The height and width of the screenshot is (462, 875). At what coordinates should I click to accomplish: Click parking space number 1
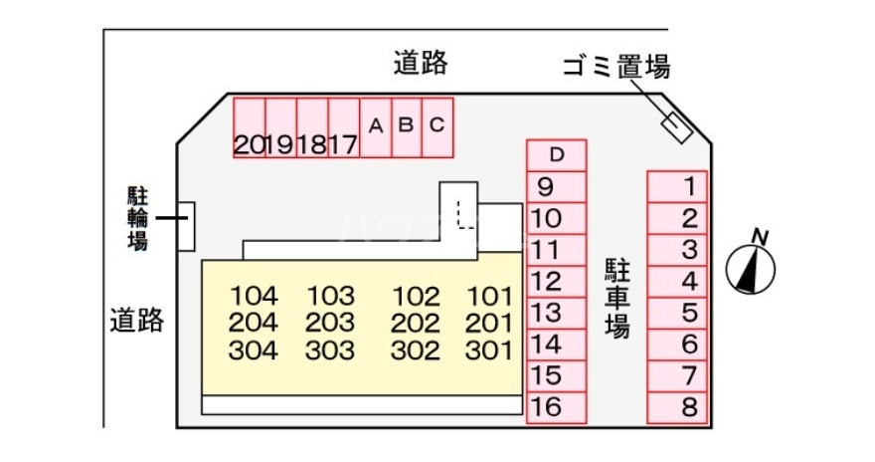pyautogui.click(x=677, y=186)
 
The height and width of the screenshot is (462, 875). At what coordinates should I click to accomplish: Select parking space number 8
pyautogui.click(x=677, y=408)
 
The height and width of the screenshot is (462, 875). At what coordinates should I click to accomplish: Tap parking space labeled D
pyautogui.click(x=557, y=155)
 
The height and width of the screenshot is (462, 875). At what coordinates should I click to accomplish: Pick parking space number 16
pyautogui.click(x=557, y=408)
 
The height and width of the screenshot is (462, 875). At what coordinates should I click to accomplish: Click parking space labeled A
pyautogui.click(x=376, y=127)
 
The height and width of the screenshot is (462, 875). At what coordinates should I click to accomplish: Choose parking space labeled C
pyautogui.click(x=437, y=127)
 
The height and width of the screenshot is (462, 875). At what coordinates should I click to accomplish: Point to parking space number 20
pyautogui.click(x=249, y=127)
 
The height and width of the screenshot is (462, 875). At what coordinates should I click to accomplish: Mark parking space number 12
pyautogui.click(x=557, y=282)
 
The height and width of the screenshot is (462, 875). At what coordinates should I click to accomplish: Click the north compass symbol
pyautogui.click(x=751, y=267)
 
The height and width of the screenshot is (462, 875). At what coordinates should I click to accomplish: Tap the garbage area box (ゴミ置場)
pyautogui.click(x=677, y=127)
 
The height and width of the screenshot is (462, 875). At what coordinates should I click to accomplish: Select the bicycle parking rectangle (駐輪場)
pyautogui.click(x=186, y=226)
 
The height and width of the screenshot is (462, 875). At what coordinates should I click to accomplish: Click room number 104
pyautogui.click(x=254, y=296)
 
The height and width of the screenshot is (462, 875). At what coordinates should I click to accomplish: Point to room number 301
pyautogui.click(x=489, y=350)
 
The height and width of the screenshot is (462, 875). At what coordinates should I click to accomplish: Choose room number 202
pyautogui.click(x=416, y=324)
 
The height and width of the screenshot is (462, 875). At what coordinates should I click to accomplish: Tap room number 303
pyautogui.click(x=330, y=350)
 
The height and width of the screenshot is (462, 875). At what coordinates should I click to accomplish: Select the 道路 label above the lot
pyautogui.click(x=421, y=63)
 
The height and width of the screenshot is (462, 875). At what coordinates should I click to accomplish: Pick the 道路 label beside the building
pyautogui.click(x=137, y=320)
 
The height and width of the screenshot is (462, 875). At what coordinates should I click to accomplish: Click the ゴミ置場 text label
pyautogui.click(x=616, y=67)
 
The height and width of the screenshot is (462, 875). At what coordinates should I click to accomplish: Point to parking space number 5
pyautogui.click(x=677, y=313)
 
